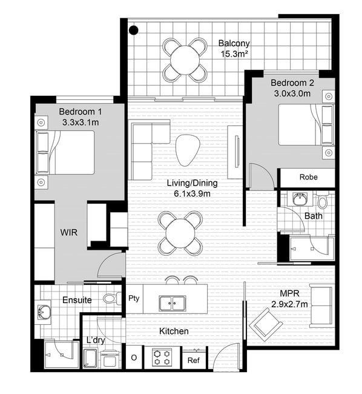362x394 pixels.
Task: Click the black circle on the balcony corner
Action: pyautogui.click(x=133, y=30)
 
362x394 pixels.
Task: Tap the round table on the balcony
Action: pyautogui.click(x=185, y=60)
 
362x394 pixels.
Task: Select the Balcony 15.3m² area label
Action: pyautogui.click(x=234, y=48)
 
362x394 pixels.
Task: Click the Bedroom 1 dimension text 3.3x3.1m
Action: pyautogui.click(x=81, y=122)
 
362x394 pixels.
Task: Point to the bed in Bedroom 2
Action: pyautogui.click(x=306, y=125)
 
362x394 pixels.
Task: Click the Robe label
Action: pyautogui.click(x=308, y=177)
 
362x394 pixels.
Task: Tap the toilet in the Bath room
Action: pyautogui.click(x=322, y=200)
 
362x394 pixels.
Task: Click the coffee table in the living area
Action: pyautogui.click(x=188, y=150)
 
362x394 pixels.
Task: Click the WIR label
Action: pyautogui.click(x=69, y=232)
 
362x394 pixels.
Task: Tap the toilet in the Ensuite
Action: pyautogui.click(x=112, y=298)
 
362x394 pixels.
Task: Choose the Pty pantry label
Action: pyautogui.click(x=134, y=298)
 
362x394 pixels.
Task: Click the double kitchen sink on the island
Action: pyautogui.click(x=172, y=303)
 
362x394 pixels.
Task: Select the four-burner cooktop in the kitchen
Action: pyautogui.click(x=162, y=358)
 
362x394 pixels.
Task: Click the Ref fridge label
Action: pyautogui.click(x=194, y=360)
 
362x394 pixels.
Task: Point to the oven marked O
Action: pyautogui.click(x=134, y=357)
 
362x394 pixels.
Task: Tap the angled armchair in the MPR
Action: pyautogui.click(x=266, y=325)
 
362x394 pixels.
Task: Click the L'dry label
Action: pyautogui.click(x=96, y=340)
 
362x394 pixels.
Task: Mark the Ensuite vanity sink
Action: pyautogui.click(x=44, y=312)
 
